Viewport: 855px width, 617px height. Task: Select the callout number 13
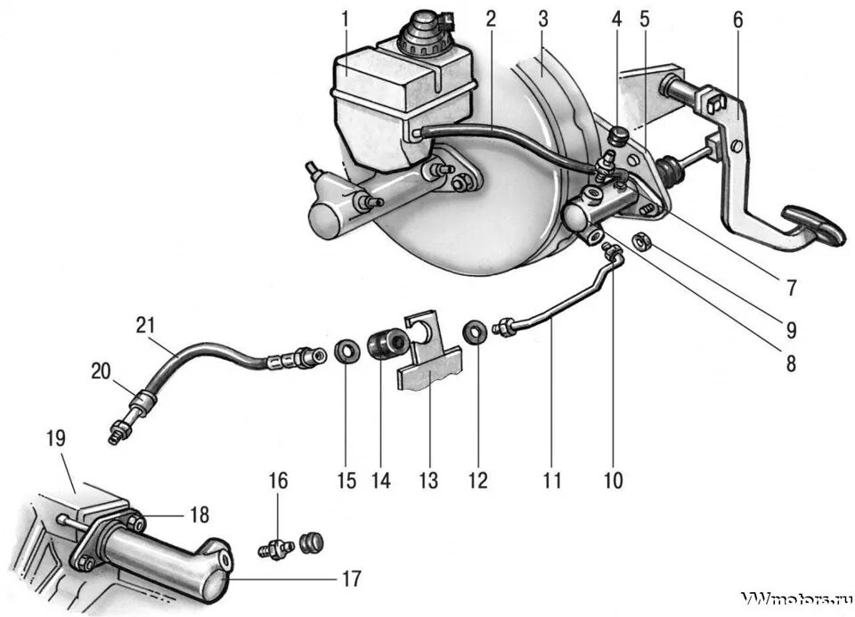pyautogui.click(x=428, y=482)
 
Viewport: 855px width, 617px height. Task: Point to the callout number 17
pyautogui.click(x=351, y=579)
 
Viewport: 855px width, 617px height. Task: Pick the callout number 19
pyautogui.click(x=56, y=438)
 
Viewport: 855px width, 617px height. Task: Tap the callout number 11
pyautogui.click(x=552, y=482)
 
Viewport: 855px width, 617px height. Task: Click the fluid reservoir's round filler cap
pyautogui.click(x=416, y=32)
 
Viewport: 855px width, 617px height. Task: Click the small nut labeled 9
pyautogui.click(x=639, y=239)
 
